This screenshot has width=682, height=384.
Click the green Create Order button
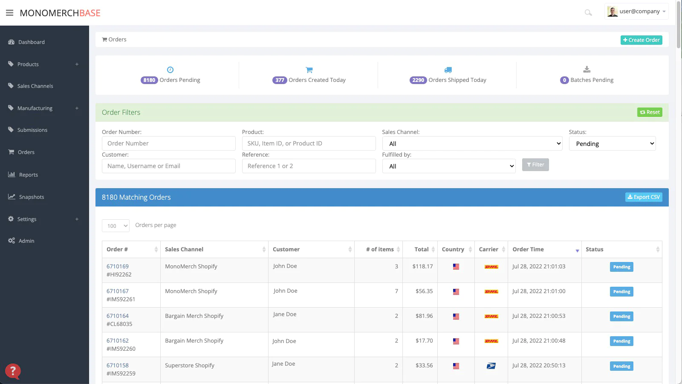coord(641,40)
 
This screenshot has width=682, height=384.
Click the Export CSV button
coord(644,197)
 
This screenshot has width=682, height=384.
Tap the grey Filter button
coord(535,165)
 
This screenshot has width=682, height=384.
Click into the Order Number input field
coord(169,143)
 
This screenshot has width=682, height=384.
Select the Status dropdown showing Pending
coord(612,143)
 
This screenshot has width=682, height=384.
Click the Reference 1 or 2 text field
coord(309,166)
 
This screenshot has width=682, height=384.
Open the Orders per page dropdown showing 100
coord(116,226)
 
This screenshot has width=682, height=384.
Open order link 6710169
coord(118,266)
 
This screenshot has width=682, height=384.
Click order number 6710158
coord(118,365)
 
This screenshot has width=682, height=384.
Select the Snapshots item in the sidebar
coord(32,197)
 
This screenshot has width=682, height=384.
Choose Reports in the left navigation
coord(28,175)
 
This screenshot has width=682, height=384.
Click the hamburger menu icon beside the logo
coord(9,13)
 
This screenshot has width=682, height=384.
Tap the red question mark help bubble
coord(13,371)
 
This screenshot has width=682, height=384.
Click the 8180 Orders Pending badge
coord(149,80)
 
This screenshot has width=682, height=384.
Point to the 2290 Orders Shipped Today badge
coord(418,80)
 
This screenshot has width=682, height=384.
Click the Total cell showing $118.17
coord(422,266)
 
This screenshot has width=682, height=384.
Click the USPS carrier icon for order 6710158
coord(491,366)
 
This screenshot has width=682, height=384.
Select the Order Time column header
coord(528,249)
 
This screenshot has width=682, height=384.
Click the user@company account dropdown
coord(636,11)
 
